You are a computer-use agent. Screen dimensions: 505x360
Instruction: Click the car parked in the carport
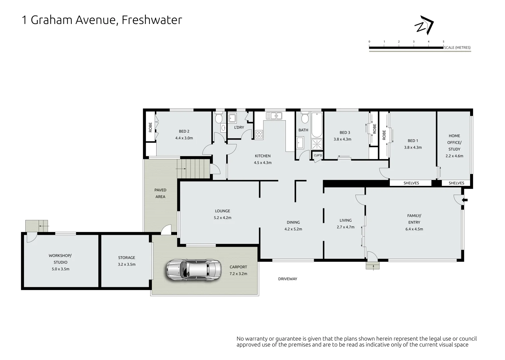(194, 270)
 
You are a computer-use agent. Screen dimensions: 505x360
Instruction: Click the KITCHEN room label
(262, 156)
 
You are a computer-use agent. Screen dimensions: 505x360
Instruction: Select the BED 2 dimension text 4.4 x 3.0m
(184, 138)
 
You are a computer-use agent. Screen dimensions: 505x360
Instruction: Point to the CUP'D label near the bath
(318, 155)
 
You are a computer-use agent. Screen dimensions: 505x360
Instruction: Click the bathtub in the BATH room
(317, 125)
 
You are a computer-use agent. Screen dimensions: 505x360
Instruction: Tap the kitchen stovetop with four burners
(259, 134)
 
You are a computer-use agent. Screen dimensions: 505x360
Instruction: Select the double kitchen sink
(274, 116)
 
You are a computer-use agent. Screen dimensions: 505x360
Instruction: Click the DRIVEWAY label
(288, 279)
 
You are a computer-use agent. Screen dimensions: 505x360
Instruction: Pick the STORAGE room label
(127, 258)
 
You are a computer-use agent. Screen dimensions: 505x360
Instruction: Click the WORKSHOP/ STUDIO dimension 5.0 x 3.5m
(61, 269)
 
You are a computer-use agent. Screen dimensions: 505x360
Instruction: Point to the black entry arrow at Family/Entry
(465, 200)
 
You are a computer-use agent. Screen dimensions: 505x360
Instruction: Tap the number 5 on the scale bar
(443, 42)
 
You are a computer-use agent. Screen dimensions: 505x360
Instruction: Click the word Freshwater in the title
(152, 20)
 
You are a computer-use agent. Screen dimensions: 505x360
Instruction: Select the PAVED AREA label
(160, 193)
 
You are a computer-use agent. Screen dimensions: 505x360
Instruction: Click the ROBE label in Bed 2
(150, 127)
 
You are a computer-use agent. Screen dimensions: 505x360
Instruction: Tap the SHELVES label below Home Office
(456, 183)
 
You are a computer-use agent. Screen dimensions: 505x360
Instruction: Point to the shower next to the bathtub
(317, 144)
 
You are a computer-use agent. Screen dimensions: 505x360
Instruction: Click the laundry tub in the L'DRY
(232, 118)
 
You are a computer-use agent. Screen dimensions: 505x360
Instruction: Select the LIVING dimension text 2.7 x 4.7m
(346, 227)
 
